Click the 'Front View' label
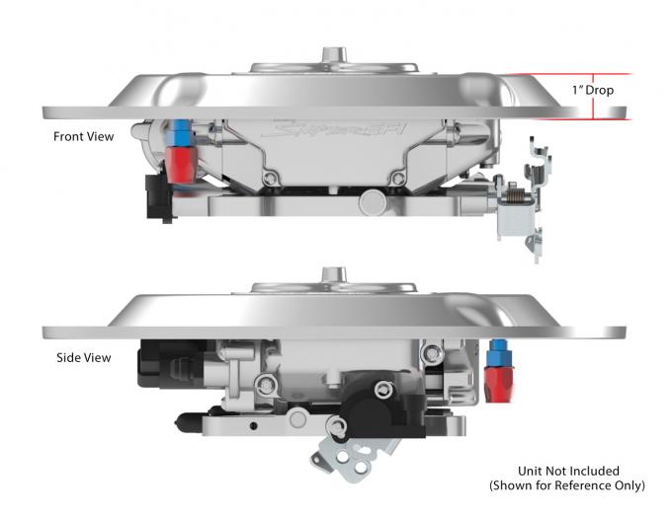(84, 137)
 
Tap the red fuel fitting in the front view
(182, 163)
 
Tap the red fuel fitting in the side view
(498, 379)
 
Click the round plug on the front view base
(373, 202)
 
